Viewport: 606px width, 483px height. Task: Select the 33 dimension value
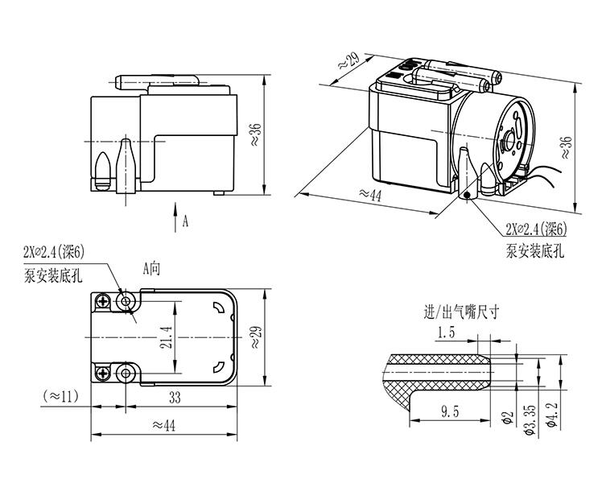(x=174, y=397)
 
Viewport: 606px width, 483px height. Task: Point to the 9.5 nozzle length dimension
(x=450, y=412)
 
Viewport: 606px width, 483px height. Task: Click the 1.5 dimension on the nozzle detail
(x=446, y=332)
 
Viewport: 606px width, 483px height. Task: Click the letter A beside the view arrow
(x=186, y=221)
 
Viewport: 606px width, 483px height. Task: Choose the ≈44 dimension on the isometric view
(x=369, y=193)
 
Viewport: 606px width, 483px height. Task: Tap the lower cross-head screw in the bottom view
(x=104, y=373)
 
